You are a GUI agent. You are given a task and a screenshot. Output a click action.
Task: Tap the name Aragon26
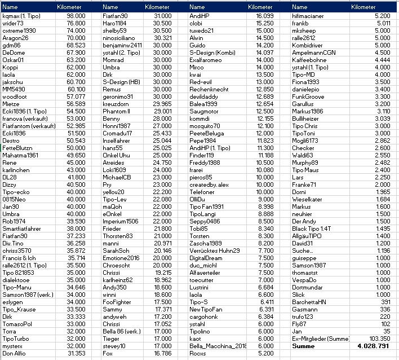click(x=15, y=38)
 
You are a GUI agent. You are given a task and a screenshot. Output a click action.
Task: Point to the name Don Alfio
click(x=15, y=353)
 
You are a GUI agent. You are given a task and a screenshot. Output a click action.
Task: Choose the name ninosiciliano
click(x=121, y=38)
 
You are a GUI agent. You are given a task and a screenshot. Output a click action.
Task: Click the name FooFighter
click(x=118, y=302)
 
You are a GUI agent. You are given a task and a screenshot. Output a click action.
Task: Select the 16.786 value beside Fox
click(x=162, y=353)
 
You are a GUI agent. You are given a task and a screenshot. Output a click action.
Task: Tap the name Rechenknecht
click(x=209, y=89)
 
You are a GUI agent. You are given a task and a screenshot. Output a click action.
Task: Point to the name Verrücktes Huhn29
click(x=214, y=251)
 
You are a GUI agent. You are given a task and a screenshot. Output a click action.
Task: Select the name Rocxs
click(x=198, y=353)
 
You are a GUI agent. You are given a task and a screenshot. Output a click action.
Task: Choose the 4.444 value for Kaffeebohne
click(x=382, y=60)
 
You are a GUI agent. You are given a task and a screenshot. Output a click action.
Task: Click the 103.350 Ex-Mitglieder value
click(x=380, y=338)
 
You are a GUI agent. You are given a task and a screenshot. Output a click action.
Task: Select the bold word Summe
click(x=304, y=346)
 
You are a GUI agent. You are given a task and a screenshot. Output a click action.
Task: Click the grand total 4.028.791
click(x=373, y=346)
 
